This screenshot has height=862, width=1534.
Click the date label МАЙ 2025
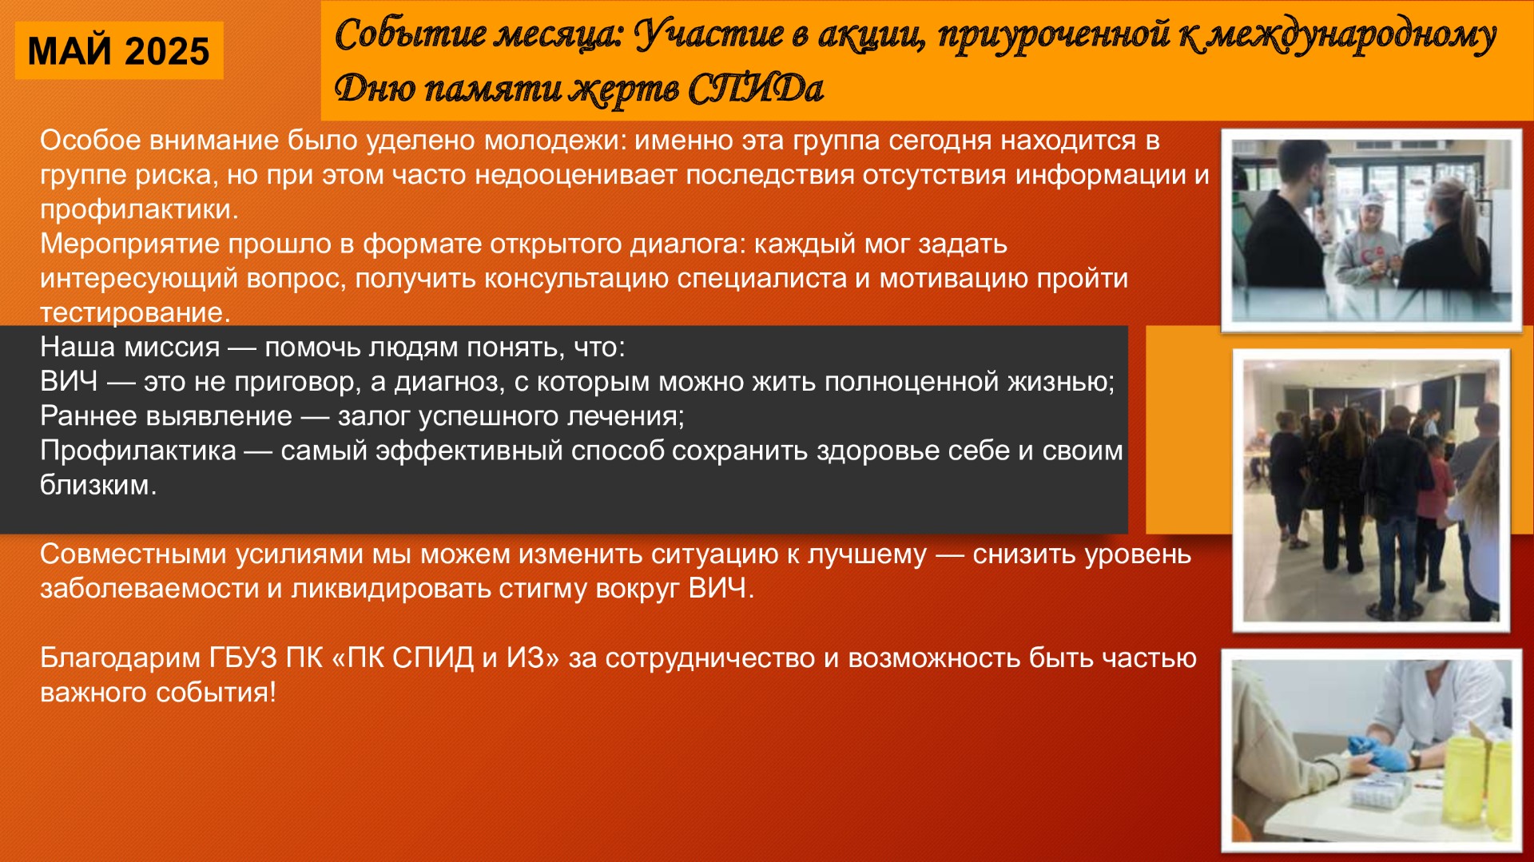(118, 51)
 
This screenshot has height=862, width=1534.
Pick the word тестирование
(135, 312)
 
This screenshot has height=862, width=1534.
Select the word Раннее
(86, 416)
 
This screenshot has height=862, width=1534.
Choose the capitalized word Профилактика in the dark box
(138, 451)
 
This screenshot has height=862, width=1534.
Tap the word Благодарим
(120, 658)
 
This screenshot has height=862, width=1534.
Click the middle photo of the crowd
(1371, 490)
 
